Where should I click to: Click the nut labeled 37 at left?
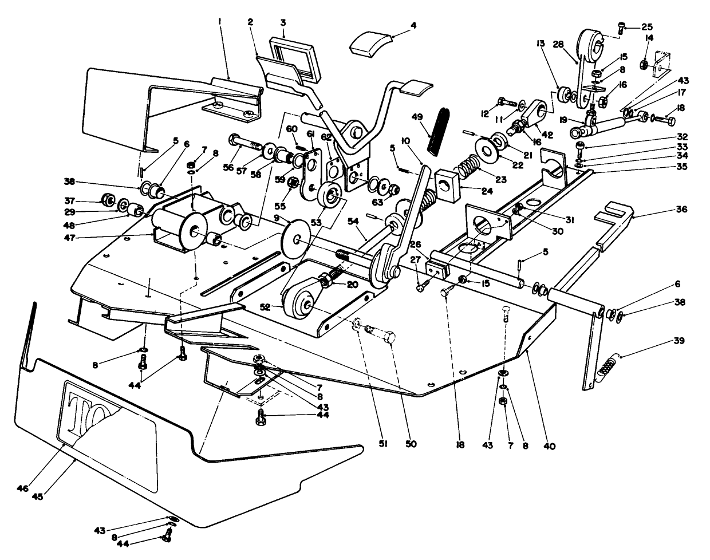[x=107, y=200]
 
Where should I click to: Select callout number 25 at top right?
[x=647, y=27]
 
